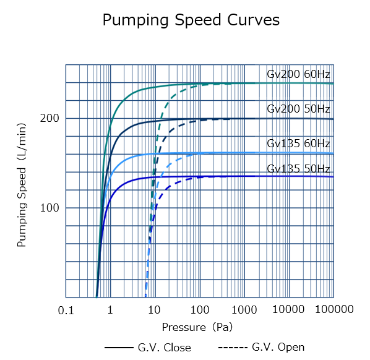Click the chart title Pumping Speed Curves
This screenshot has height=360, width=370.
(191, 20)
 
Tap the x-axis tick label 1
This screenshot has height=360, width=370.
(110, 310)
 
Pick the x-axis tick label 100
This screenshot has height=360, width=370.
(199, 310)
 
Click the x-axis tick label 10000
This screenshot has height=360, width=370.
(288, 310)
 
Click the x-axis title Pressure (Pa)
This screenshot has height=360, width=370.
(197, 326)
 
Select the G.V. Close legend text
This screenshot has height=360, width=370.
(164, 348)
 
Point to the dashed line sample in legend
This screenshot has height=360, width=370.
(233, 348)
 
